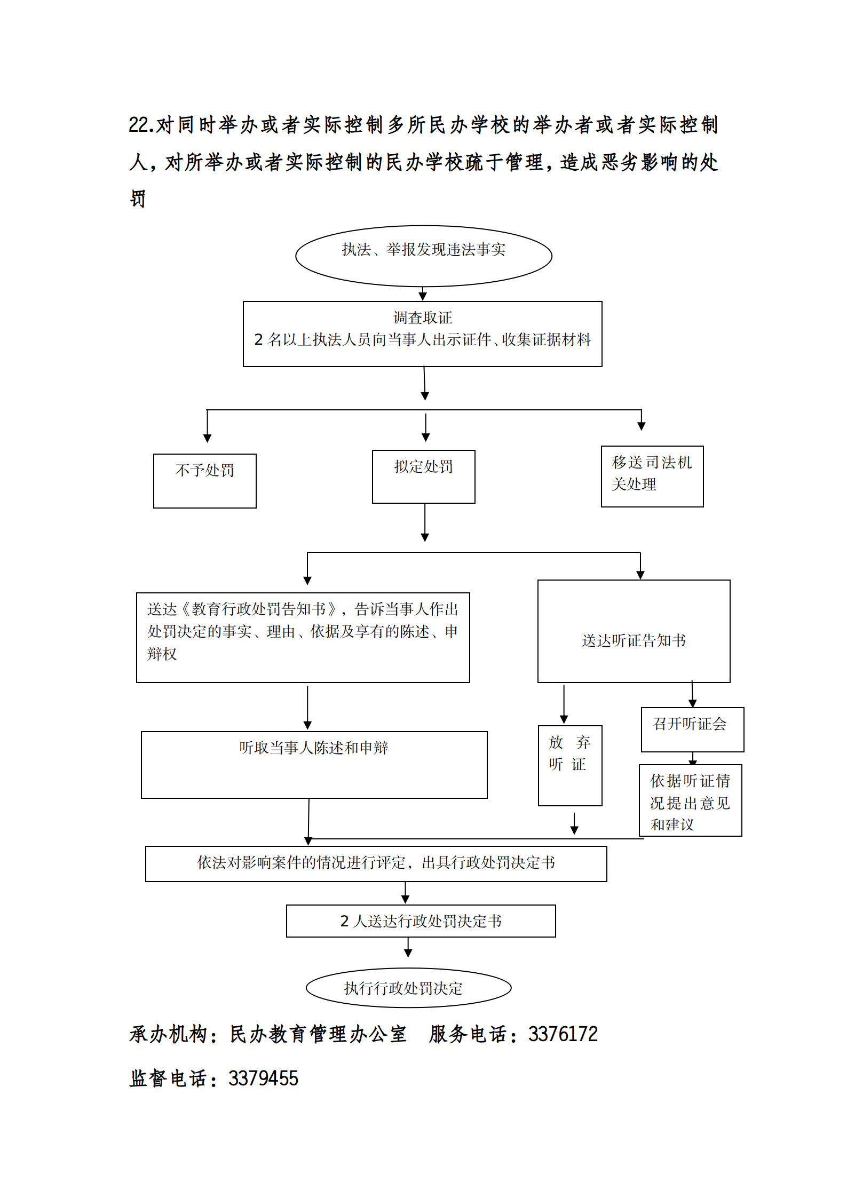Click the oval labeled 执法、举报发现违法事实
423,256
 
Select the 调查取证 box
422,334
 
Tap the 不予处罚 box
204,480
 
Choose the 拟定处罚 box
423,476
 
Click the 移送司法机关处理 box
652,476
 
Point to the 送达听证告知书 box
634,631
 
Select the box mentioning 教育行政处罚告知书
303,637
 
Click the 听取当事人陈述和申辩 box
314,764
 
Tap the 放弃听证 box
569,765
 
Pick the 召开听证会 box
692,729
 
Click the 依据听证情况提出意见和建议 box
690,800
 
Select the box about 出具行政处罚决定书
376,863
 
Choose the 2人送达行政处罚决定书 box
421,921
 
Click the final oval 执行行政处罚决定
408,988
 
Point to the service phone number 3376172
563,1034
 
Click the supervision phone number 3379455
263,1078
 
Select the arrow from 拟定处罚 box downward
425,523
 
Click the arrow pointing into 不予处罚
207,427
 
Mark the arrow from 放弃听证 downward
574,823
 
